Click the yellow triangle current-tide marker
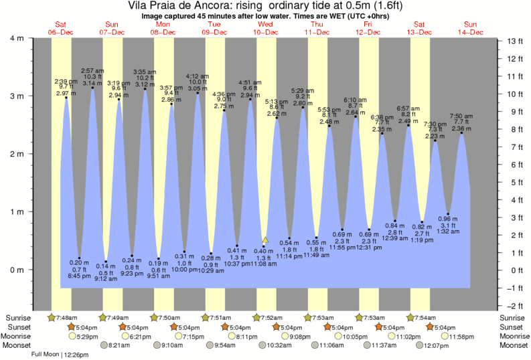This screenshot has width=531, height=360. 265,239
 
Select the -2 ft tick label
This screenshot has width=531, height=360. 512,305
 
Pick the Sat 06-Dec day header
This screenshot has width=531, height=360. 61,27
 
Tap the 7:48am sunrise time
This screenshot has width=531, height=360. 66,317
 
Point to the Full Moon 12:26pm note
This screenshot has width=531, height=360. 62,355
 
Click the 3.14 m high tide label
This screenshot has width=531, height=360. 92,83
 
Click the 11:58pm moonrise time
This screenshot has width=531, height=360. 460,337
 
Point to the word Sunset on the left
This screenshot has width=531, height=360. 19,327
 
